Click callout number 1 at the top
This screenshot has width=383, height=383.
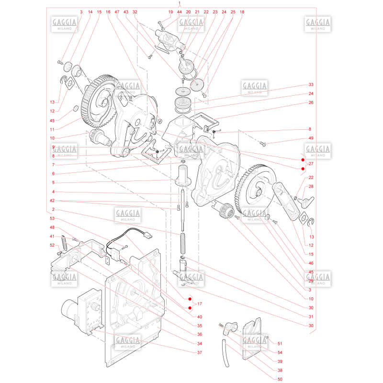pos(180,3)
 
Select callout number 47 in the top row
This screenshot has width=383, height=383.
pos(117,11)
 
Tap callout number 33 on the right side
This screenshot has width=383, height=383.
pos(311,85)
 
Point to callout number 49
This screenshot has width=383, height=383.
pos(311,138)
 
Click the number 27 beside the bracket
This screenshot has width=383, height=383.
pos(311,164)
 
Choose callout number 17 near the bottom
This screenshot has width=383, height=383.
pos(200,304)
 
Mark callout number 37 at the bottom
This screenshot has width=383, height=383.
pos(200,352)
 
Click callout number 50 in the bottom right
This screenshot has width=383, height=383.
pos(280,379)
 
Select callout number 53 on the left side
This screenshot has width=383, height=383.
pos(52,218)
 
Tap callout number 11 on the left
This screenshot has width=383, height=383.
pos(52,129)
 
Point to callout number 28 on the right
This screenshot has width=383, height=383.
pos(311,186)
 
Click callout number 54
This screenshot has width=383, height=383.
pos(280,352)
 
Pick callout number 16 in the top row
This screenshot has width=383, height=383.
pos(108,11)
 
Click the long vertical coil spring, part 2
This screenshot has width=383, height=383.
pos(183,244)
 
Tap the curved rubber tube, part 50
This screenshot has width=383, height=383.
pos(226,353)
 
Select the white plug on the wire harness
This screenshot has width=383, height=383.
pos(148,236)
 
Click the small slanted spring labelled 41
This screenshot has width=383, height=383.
pos(64,243)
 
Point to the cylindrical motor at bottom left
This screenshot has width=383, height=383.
pos(69,308)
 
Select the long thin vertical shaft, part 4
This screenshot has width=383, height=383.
pos(182,209)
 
